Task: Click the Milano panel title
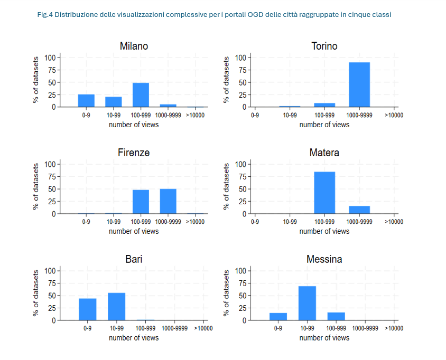[134, 46]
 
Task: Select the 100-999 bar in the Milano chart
[141, 95]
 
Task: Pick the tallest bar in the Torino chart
[359, 84]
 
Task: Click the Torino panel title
[324, 46]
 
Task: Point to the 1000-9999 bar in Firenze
[168, 201]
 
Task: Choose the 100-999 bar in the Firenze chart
[141, 202]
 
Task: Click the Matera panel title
[324, 153]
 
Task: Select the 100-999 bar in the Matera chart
[324, 193]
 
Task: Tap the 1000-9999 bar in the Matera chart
[359, 210]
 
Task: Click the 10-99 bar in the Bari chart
[116, 307]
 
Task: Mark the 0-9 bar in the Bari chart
[88, 309]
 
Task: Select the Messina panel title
[324, 259]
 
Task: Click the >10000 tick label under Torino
[394, 115]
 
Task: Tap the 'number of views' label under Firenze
[134, 231]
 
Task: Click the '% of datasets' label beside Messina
[227, 293]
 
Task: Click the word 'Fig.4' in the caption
[45, 15]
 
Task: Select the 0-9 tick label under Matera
[255, 222]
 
